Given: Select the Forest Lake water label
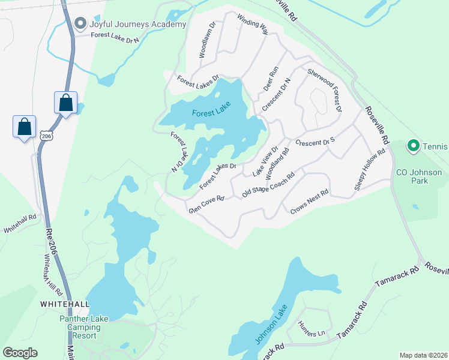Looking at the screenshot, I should point(211,112).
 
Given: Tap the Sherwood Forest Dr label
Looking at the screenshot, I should point(325,90).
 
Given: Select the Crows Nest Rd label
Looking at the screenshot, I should point(310,202).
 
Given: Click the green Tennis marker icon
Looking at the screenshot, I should point(413,146).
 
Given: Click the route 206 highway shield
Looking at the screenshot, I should point(46,136).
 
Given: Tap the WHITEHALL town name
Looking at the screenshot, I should point(65,304).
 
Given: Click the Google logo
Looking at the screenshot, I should point(20,353).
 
